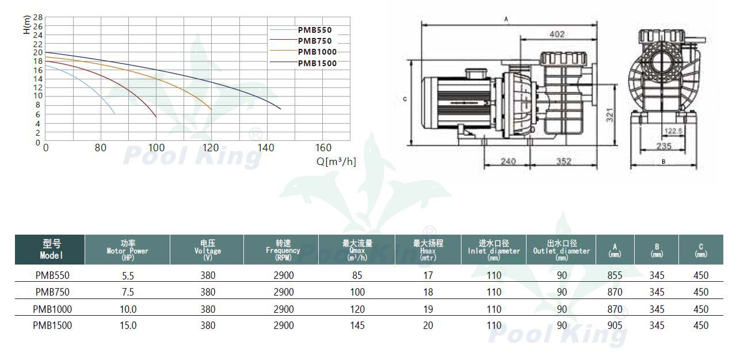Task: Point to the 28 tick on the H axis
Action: point(38,17)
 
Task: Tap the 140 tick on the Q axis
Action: point(266,148)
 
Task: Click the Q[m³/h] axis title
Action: point(336,162)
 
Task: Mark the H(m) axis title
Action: point(26,25)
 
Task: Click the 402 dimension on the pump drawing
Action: point(557,34)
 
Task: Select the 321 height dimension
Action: point(609,115)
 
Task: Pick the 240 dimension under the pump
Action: point(508,161)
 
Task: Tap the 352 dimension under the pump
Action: point(563,161)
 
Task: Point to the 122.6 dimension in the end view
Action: point(673,131)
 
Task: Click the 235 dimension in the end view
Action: point(663,146)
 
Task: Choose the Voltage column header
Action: point(208,250)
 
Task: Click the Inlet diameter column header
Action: point(494,250)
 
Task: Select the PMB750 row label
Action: point(52,292)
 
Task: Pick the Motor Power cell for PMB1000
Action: point(128,309)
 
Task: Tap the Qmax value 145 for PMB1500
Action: point(357,325)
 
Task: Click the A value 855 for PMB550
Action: point(615,275)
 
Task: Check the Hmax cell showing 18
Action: point(428,292)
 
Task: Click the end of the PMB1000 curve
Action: point(211,110)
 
